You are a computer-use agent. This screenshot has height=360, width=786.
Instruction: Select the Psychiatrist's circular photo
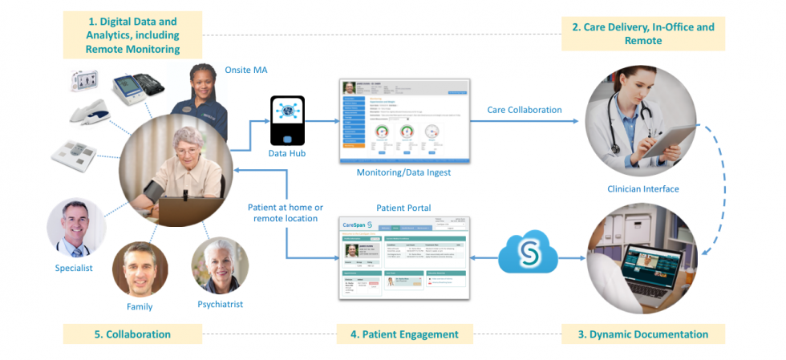219,266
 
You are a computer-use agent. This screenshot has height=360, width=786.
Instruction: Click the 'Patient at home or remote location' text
285,212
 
